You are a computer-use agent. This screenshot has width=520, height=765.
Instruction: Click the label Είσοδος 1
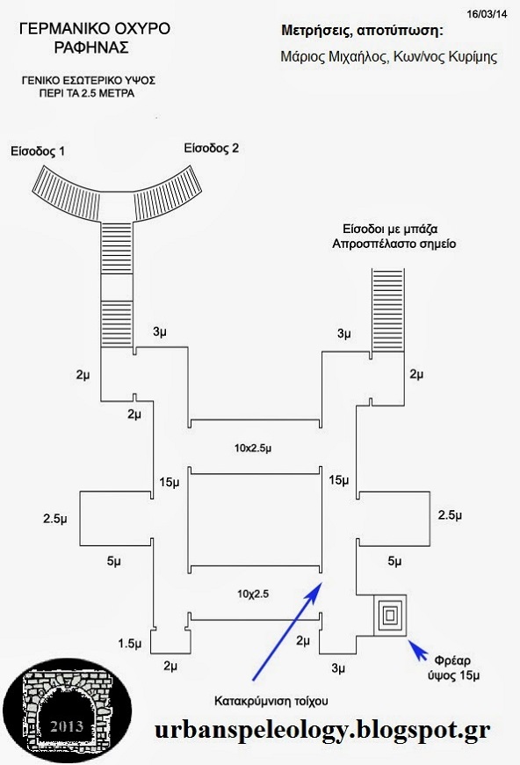(38, 151)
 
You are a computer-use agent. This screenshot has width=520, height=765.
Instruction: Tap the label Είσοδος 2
(212, 149)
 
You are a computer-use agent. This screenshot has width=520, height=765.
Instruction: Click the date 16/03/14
(487, 14)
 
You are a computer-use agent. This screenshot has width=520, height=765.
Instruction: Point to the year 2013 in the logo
(68, 726)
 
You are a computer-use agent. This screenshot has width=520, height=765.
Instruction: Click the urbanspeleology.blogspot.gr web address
(322, 731)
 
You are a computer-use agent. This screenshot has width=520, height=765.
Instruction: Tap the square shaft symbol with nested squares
(389, 616)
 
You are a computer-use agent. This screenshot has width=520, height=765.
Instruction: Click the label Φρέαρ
(452, 660)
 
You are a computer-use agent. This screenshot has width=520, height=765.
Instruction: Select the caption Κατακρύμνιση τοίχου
(271, 701)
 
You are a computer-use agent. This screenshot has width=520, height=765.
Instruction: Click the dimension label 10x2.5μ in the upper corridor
(253, 448)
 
